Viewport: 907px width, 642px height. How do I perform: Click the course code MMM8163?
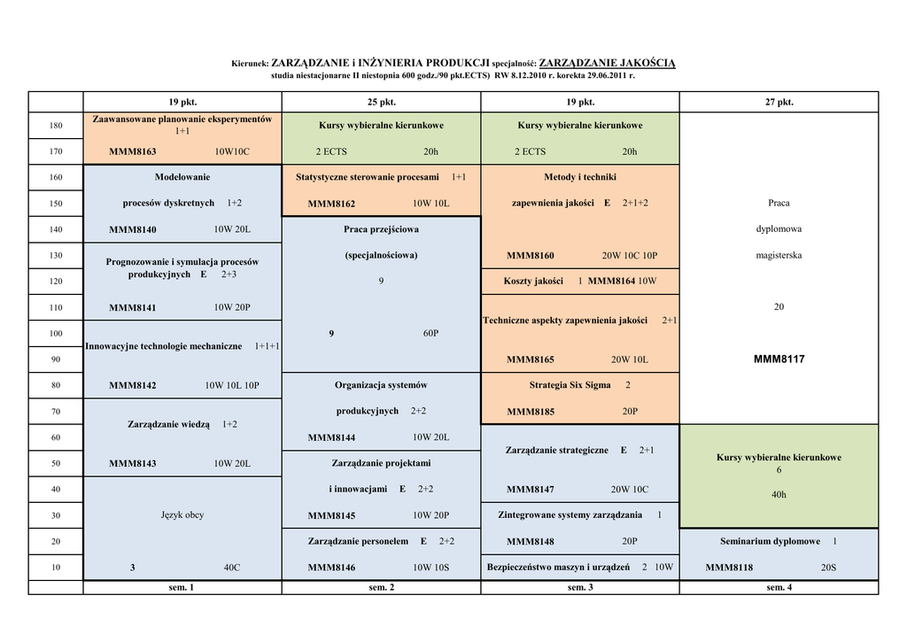132,151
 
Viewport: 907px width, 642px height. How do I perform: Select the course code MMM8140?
132,229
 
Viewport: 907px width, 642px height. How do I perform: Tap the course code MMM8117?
779,360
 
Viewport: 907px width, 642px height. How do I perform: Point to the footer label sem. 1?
182,587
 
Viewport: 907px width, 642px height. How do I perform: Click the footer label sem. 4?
779,587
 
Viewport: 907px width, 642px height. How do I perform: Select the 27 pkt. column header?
779,102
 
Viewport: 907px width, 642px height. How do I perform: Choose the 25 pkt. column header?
381,102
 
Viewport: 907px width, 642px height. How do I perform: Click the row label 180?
56,125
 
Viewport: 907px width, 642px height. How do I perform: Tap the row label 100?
56,333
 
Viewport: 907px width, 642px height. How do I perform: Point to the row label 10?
56,567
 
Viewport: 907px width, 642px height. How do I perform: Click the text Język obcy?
182,514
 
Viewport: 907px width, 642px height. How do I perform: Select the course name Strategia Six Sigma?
570,385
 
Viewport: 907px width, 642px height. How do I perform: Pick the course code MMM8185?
531,412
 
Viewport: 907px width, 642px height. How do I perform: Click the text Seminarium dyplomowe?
770,541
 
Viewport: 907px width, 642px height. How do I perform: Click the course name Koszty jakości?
533,282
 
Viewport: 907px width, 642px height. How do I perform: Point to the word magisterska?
779,255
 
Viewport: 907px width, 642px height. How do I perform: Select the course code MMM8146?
331,568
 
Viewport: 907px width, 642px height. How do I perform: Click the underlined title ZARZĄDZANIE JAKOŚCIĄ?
607,63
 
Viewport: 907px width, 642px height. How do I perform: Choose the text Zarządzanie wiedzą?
168,424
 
